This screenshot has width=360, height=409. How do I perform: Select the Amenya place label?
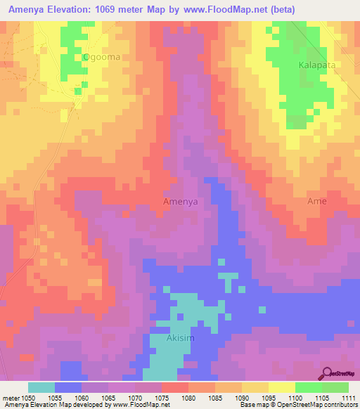[180, 201]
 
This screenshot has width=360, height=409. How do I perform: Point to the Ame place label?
[317, 201]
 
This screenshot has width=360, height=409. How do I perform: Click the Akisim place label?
[180, 338]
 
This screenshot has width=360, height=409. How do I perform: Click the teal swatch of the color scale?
[41, 387]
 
